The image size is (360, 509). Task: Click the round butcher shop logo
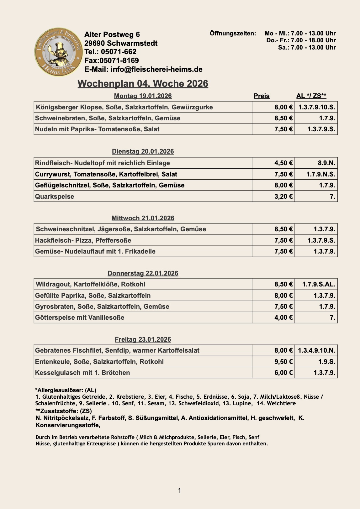click(x=58, y=52)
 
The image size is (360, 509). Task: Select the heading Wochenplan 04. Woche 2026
click(x=143, y=84)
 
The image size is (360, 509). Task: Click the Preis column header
click(x=262, y=96)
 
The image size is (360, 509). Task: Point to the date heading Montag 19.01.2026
click(x=143, y=96)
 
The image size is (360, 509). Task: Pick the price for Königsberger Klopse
click(x=283, y=107)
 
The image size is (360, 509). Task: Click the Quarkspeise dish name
click(x=55, y=197)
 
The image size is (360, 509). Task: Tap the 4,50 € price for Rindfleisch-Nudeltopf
click(x=283, y=163)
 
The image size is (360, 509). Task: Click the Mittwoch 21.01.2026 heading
click(x=143, y=218)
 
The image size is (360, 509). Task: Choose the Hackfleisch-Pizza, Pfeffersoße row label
click(x=83, y=240)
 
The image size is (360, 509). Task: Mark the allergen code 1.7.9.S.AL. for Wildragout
click(x=318, y=284)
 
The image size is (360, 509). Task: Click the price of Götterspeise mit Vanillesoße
click(x=283, y=317)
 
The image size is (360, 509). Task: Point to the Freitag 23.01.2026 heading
click(x=143, y=339)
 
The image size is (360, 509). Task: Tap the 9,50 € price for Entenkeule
click(x=283, y=362)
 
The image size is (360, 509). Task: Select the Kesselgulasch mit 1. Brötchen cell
click(x=82, y=373)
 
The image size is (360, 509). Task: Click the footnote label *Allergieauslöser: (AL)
click(x=66, y=390)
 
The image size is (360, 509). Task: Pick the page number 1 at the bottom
click(x=179, y=491)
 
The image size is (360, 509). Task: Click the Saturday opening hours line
click(x=307, y=48)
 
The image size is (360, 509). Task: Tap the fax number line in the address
click(x=111, y=60)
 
